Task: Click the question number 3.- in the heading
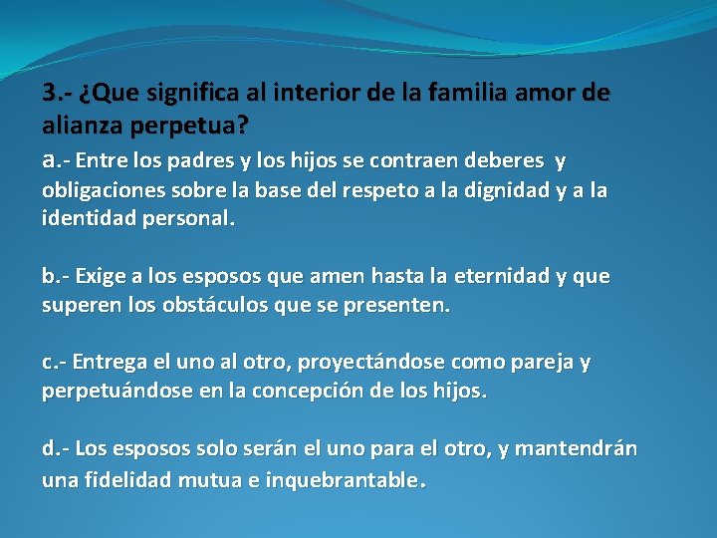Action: (57, 95)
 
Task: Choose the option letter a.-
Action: (55, 159)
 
